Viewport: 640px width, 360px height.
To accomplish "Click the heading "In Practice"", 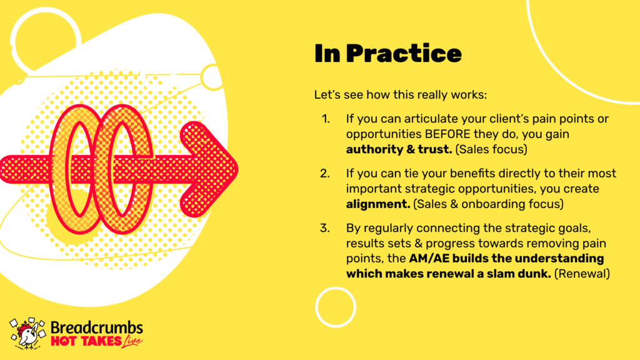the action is click(387, 54).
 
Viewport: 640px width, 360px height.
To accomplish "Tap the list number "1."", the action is click(326, 119).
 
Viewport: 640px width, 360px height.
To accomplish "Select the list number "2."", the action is click(325, 174).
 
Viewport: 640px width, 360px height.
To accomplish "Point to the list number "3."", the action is click(325, 228).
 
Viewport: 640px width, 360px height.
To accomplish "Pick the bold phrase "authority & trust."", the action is click(399, 149).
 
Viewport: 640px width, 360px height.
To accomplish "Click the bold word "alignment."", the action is click(378, 204).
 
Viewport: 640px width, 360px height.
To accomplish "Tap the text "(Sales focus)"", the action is click(491, 149).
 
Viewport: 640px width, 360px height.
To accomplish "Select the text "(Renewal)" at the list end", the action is click(582, 274).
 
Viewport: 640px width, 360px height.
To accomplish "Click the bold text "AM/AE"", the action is click(429, 258).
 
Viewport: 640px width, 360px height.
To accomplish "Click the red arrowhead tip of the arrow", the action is click(237, 169).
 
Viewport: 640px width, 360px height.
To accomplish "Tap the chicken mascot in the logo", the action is click(27, 334).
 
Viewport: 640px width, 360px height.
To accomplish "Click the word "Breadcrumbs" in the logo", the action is click(97, 327).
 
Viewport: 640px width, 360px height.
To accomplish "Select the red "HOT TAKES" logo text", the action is click(86, 341).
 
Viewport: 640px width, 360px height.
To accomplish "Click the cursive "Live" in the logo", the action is click(132, 342).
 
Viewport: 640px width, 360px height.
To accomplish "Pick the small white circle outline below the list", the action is click(336, 287).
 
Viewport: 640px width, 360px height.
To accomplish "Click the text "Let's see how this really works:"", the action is click(401, 95).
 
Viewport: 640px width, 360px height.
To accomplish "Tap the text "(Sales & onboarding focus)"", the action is click(488, 204).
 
